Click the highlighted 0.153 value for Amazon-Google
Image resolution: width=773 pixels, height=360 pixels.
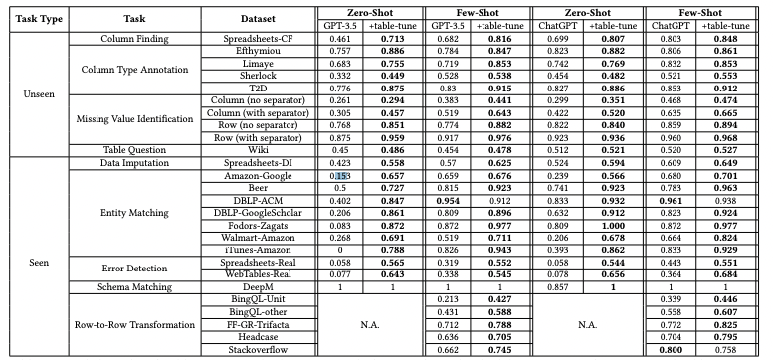[x=341, y=177]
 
